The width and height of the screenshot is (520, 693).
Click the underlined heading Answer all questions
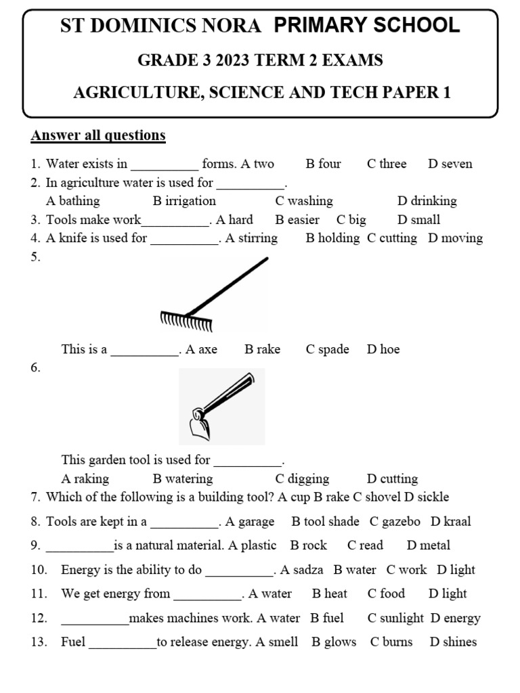tap(98, 135)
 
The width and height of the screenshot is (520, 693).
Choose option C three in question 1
tap(387, 164)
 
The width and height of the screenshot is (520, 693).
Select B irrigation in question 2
tap(184, 201)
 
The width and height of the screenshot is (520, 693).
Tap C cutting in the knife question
tap(392, 238)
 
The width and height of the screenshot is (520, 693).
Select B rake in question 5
tap(262, 349)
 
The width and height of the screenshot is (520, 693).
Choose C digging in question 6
tap(302, 479)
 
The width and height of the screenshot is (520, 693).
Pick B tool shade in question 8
tap(325, 522)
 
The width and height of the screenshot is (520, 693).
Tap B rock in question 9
tap(308, 545)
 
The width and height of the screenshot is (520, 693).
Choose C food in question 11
tap(386, 594)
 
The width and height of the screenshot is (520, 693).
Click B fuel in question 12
tap(327, 618)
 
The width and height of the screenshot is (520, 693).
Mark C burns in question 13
tap(391, 642)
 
